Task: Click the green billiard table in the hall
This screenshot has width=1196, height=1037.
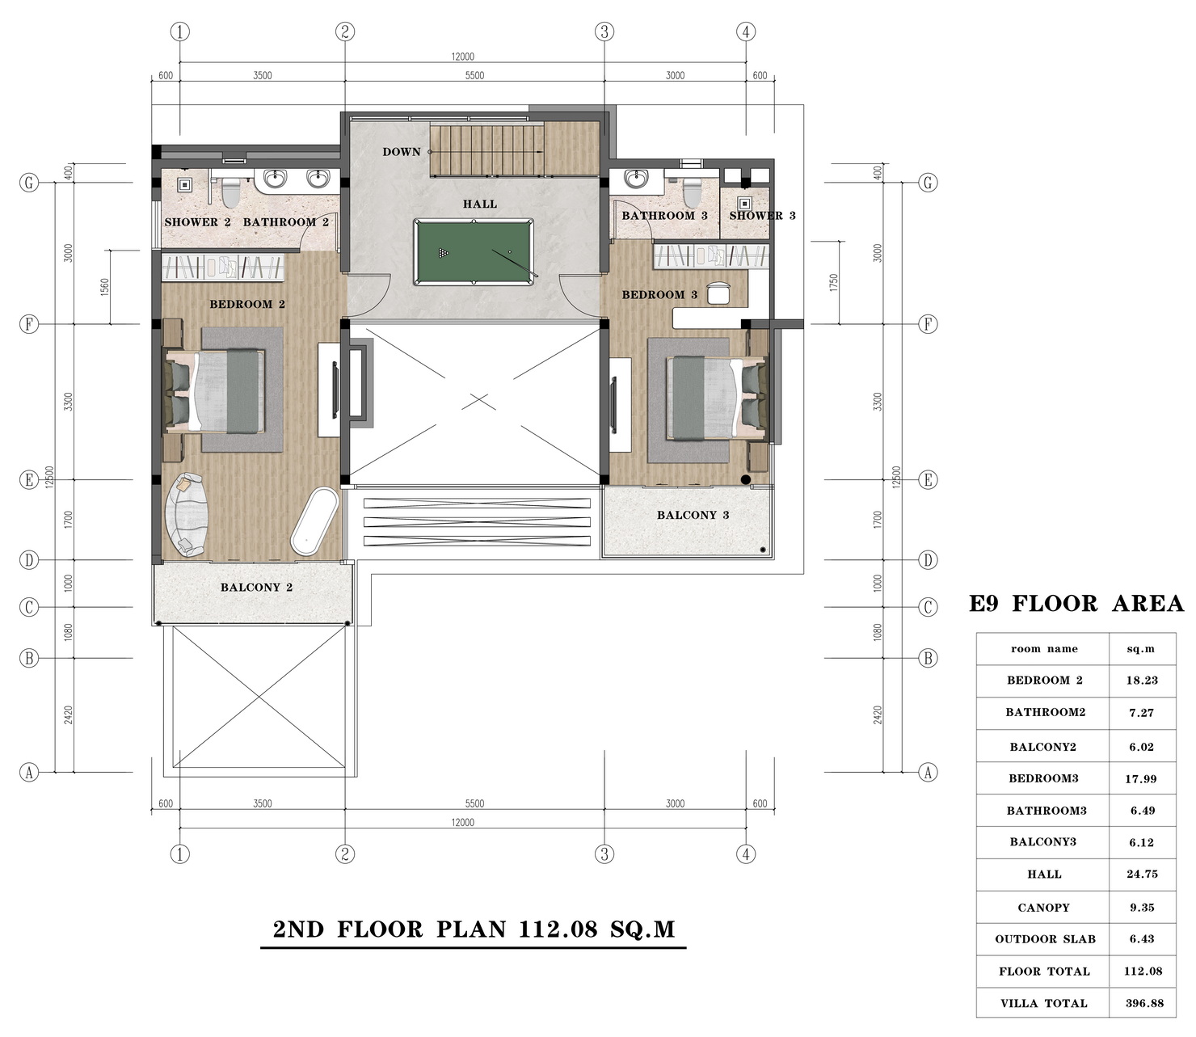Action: click(474, 251)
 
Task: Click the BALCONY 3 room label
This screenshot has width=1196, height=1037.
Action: click(693, 515)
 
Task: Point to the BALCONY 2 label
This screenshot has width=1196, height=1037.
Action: click(256, 588)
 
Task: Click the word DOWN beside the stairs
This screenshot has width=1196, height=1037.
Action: click(401, 152)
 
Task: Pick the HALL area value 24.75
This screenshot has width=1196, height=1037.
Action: click(1142, 875)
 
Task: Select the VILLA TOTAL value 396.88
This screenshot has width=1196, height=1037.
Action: click(1143, 1003)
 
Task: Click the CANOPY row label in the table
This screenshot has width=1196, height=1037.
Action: click(1043, 908)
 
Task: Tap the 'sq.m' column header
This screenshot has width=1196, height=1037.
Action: click(1140, 649)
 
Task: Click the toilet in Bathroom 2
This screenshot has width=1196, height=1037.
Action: click(231, 192)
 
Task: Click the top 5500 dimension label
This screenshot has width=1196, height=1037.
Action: click(474, 75)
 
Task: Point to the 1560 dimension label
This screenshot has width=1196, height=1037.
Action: click(105, 287)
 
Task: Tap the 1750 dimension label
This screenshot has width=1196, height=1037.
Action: click(834, 283)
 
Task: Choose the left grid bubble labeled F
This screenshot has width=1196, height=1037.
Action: click(29, 324)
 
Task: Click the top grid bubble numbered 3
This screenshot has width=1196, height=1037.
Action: click(604, 32)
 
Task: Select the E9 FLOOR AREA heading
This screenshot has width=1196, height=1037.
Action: click(1076, 604)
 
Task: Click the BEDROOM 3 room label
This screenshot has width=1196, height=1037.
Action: click(659, 295)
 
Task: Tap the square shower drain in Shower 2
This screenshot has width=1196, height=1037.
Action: click(184, 185)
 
